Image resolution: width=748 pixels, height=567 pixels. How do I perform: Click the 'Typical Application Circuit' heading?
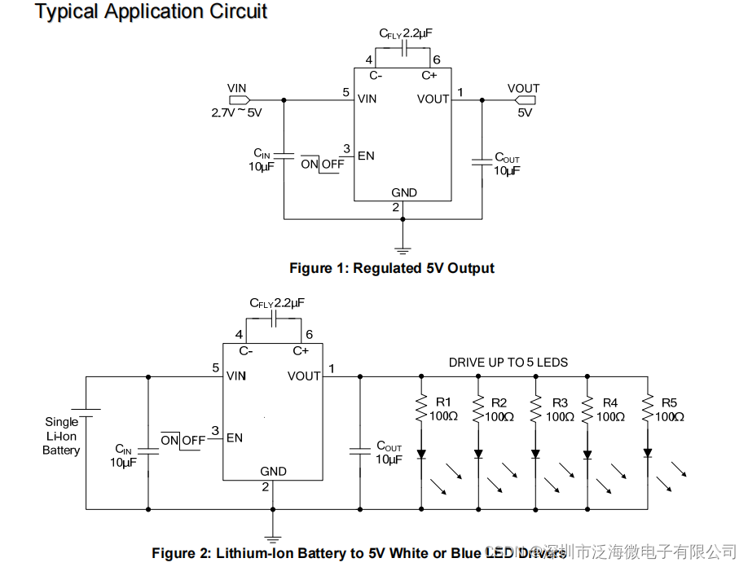click(152, 12)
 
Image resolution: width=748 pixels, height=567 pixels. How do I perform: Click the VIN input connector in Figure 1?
click(238, 100)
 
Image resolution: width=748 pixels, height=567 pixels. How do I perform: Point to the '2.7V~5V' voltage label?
click(236, 113)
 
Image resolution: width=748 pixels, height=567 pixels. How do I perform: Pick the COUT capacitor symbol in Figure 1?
click(482, 163)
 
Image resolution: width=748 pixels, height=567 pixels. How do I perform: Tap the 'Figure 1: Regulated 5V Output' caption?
click(392, 268)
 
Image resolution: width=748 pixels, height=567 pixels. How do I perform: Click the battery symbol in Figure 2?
click(86, 412)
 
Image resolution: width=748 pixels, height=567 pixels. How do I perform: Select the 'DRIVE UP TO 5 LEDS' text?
click(508, 362)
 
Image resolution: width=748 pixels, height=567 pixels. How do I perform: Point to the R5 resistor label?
click(669, 402)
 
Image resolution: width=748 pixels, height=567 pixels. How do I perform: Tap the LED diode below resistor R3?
click(535, 454)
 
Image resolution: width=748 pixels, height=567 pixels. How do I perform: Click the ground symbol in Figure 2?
click(272, 538)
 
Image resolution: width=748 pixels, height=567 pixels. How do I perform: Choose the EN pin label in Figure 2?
click(235, 437)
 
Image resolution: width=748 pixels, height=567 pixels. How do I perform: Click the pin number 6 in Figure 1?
click(437, 60)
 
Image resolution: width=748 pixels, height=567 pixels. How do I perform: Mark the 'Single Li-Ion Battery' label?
click(62, 436)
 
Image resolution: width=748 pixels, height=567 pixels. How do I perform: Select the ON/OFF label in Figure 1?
click(322, 164)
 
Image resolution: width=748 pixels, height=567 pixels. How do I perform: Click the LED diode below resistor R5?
click(648, 453)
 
